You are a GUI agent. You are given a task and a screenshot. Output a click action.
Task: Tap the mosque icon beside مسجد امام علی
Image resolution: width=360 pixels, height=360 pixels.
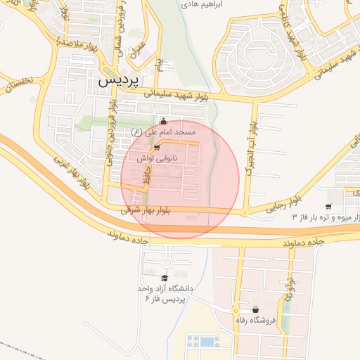click(x=164, y=121)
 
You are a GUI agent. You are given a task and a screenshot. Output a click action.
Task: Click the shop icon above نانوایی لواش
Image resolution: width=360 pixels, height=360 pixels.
click(x=157, y=147)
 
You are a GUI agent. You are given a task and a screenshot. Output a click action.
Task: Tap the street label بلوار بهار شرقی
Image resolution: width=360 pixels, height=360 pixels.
click(x=145, y=210)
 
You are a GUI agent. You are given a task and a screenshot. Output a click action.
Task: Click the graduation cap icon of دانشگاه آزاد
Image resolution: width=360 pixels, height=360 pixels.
click(x=165, y=278)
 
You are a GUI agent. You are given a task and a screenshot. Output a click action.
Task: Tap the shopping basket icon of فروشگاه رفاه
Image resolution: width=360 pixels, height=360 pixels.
click(x=255, y=310)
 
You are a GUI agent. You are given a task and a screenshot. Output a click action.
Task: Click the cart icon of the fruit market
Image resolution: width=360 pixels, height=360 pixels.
click(x=329, y=206)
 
